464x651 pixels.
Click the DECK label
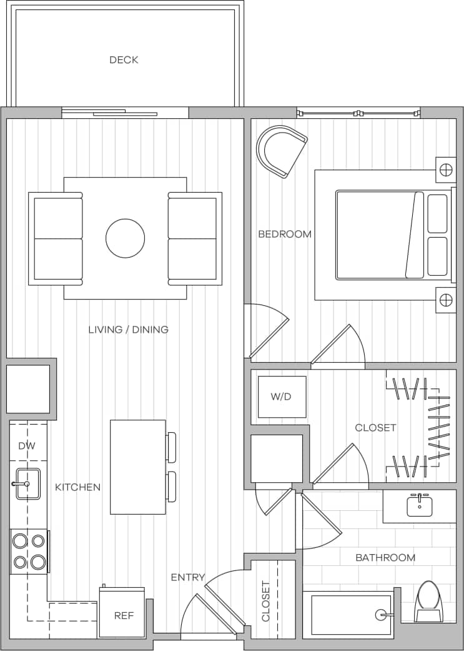tap(124, 60)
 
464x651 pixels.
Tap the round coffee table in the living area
tap(125, 238)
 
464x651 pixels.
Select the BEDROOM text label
tap(285, 234)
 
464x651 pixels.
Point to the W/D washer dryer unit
tap(282, 396)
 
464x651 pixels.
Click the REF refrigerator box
tap(124, 615)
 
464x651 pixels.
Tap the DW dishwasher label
tap(26, 446)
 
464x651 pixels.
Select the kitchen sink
tap(27, 483)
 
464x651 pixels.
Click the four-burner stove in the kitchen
tap(29, 550)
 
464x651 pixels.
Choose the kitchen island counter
tap(138, 467)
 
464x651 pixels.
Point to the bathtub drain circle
tap(380, 615)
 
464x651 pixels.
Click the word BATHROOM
tap(385, 557)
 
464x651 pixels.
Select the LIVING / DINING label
tap(128, 330)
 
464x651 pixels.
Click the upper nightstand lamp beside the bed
tap(446, 169)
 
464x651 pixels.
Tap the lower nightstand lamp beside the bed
tap(446, 301)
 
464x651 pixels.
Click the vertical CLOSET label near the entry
tap(266, 601)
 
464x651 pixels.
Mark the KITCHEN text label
tap(77, 487)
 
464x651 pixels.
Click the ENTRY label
tap(188, 577)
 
